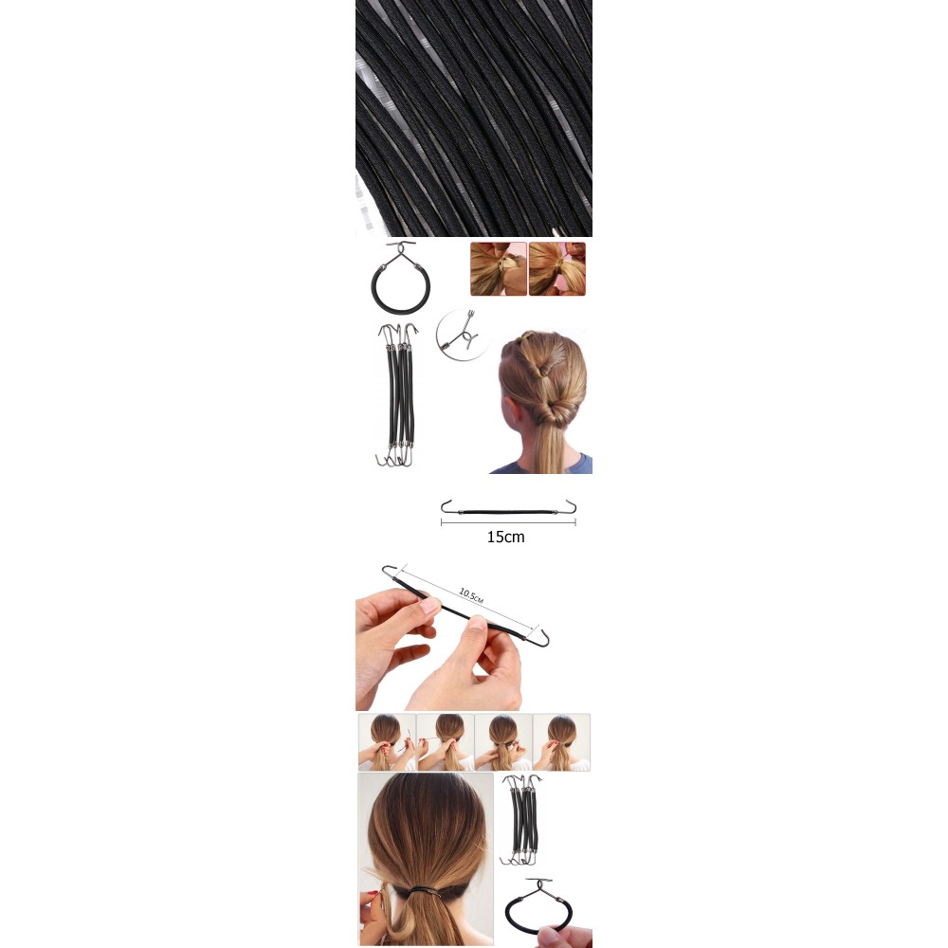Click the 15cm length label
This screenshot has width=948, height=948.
coord(505,537)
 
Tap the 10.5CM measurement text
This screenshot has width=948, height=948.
coord(471,595)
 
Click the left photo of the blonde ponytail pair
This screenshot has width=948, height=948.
coord(499,269)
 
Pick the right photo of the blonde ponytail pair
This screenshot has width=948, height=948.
coord(556,269)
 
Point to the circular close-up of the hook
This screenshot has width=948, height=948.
coord(462,335)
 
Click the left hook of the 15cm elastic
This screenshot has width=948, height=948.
coord(447,506)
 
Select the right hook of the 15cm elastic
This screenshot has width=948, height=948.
coord(570,506)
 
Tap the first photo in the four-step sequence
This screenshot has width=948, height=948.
coord(387,742)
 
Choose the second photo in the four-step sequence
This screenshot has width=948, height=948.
coord(445,742)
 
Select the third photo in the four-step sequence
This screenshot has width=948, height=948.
coord(503,742)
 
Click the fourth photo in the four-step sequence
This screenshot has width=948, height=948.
coord(561,742)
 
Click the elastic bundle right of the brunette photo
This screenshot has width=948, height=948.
coord(521,819)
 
